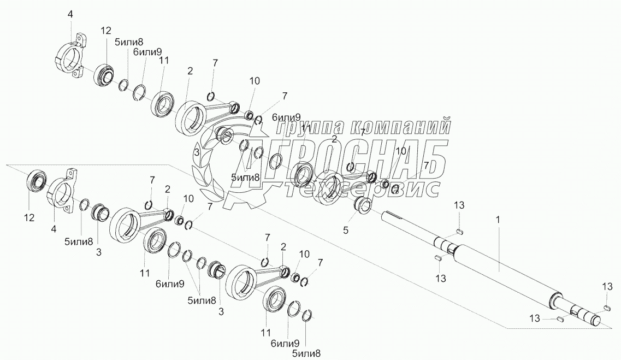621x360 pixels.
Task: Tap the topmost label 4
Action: pyautogui.click(x=70, y=14)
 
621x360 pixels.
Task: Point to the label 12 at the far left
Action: pyautogui.click(x=29, y=217)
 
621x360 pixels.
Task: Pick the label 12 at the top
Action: pyautogui.click(x=105, y=32)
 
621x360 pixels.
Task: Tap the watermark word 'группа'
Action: pyautogui.click(x=307, y=127)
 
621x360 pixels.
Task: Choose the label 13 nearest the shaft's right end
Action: pyautogui.click(x=608, y=287)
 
